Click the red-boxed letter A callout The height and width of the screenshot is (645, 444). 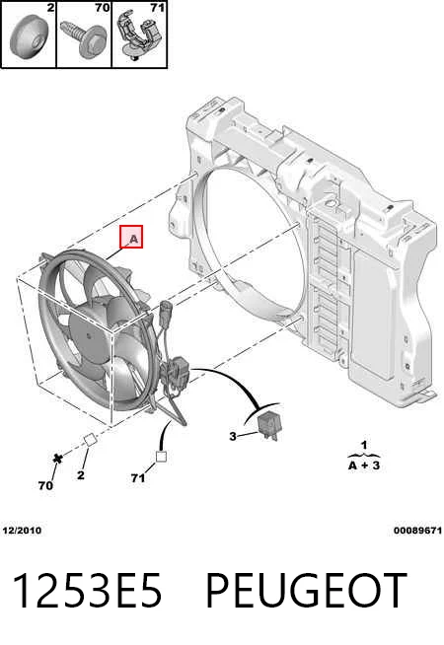click(131, 237)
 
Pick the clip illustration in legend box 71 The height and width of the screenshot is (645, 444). click(139, 36)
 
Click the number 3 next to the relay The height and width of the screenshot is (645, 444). click(233, 436)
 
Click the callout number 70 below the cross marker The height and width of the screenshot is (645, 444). click(45, 485)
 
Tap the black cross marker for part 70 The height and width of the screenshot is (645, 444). click(58, 458)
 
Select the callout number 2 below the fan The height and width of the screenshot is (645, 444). click(81, 475)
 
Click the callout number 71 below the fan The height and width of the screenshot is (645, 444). click(138, 478)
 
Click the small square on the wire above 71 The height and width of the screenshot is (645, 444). click(161, 457)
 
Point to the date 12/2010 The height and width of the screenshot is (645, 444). click(22, 531)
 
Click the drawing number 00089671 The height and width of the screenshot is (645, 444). click(417, 531)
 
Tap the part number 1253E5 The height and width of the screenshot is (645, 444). click(87, 591)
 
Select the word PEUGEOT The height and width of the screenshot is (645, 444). click(306, 591)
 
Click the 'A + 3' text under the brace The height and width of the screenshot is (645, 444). click(364, 466)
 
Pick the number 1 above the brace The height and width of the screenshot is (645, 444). click(364, 445)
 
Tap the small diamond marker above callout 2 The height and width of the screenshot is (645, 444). click(90, 439)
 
